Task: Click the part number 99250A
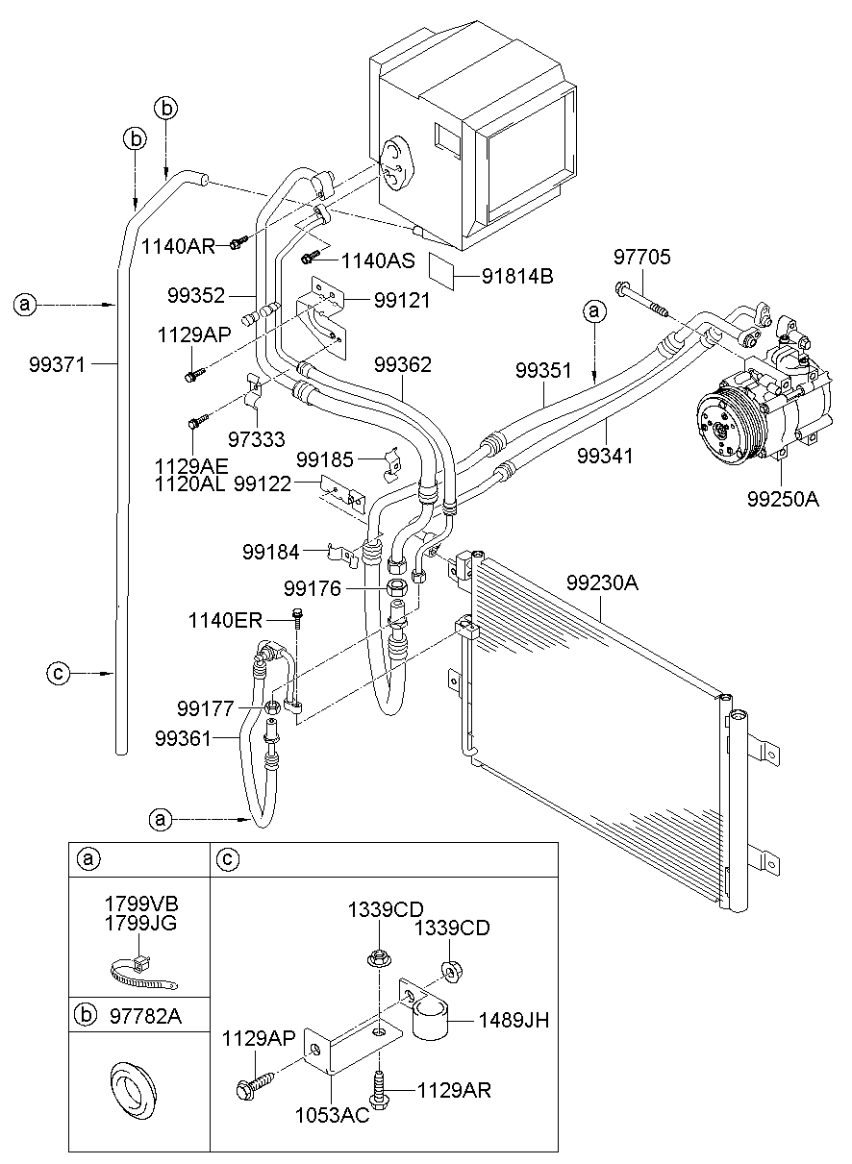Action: coord(783,500)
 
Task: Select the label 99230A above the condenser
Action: coord(602,583)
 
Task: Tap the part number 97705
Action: coord(642,257)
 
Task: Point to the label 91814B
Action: coord(517,277)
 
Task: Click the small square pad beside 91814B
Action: coord(440,269)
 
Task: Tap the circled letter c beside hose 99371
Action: coord(58,674)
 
